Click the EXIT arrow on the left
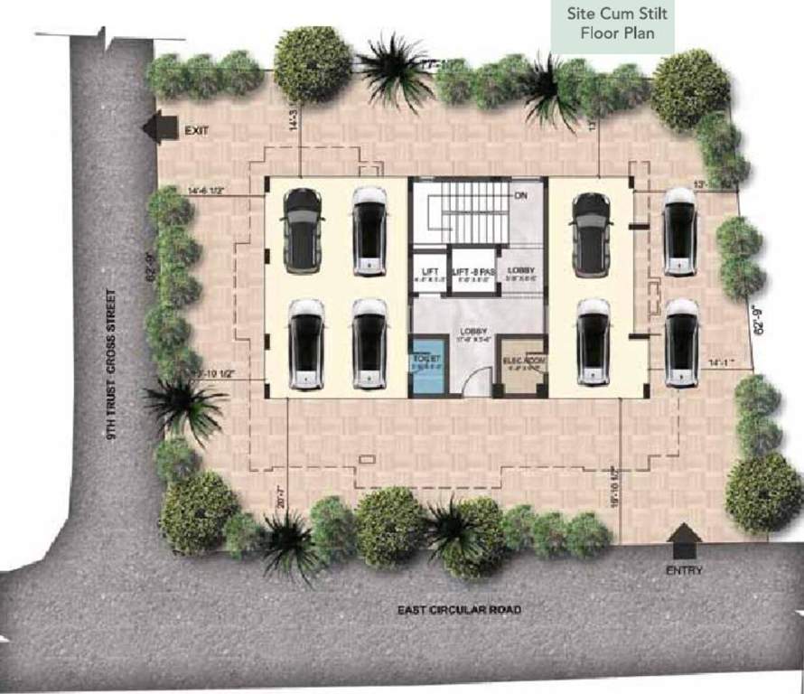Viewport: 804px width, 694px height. [x=163, y=127]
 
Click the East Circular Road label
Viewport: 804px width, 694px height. [x=459, y=610]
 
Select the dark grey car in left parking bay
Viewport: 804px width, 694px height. [x=303, y=230]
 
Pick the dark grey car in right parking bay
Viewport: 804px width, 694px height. [x=592, y=232]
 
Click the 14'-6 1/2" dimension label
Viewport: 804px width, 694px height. [x=213, y=191]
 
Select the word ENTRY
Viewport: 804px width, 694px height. [x=683, y=570]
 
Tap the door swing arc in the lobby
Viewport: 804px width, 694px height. [x=473, y=387]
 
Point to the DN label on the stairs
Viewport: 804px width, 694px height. [x=520, y=195]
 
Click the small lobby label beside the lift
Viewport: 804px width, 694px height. [x=522, y=271]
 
